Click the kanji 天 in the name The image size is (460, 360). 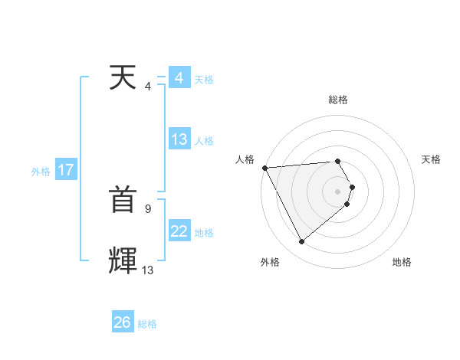pyautogui.click(x=123, y=78)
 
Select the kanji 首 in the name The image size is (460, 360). pyautogui.click(x=123, y=201)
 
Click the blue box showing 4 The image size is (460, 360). pyautogui.click(x=179, y=78)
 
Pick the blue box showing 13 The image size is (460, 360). pyautogui.click(x=179, y=139)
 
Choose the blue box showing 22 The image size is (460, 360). pyautogui.click(x=179, y=231)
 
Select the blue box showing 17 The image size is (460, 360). pyautogui.click(x=66, y=170)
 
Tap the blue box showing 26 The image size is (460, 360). pyautogui.click(x=123, y=322)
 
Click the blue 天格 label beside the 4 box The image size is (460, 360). pyautogui.click(x=204, y=80)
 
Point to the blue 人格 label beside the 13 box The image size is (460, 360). pyautogui.click(x=204, y=141)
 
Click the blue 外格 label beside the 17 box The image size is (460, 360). pyautogui.click(x=41, y=172)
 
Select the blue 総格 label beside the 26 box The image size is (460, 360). pyautogui.click(x=148, y=324)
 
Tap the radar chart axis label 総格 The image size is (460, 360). pyautogui.click(x=338, y=100)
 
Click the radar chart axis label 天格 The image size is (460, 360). pyautogui.click(x=432, y=159)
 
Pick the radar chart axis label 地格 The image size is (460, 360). pyautogui.click(x=402, y=262)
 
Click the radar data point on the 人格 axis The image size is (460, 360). pyautogui.click(x=264, y=167)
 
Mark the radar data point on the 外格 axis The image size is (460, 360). pyautogui.click(x=301, y=242)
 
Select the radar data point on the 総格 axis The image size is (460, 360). pyautogui.click(x=338, y=161)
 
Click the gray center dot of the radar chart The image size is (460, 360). pyautogui.click(x=338, y=191)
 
